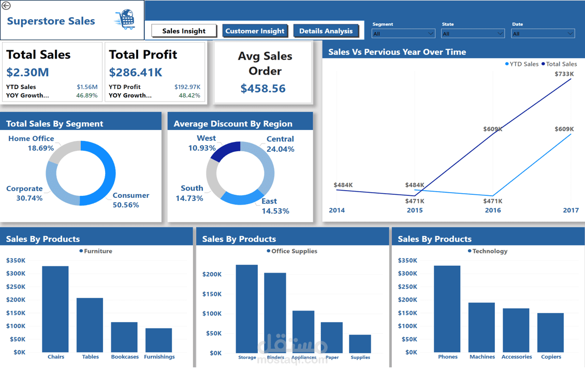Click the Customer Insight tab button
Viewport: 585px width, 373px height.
255,31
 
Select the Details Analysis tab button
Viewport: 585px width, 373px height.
326,31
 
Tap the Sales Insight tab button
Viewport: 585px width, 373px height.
184,31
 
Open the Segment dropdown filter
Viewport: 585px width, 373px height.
403,34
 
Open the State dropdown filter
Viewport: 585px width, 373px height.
472,34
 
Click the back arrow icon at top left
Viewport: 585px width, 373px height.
6,6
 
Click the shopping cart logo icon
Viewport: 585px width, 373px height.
125,20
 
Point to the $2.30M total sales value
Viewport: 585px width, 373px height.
27,72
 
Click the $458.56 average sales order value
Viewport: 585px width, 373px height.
263,89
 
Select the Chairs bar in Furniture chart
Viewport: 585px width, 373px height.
55,309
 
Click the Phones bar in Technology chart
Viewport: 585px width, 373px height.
447,309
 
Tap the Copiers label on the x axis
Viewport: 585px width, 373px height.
551,357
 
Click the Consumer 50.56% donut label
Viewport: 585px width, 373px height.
130,200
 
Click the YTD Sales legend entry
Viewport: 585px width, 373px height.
521,64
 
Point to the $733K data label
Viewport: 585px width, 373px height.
564,74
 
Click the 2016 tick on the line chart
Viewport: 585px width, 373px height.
493,210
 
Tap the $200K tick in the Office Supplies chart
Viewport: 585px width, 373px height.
212,275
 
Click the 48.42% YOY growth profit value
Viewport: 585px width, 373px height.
189,95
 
